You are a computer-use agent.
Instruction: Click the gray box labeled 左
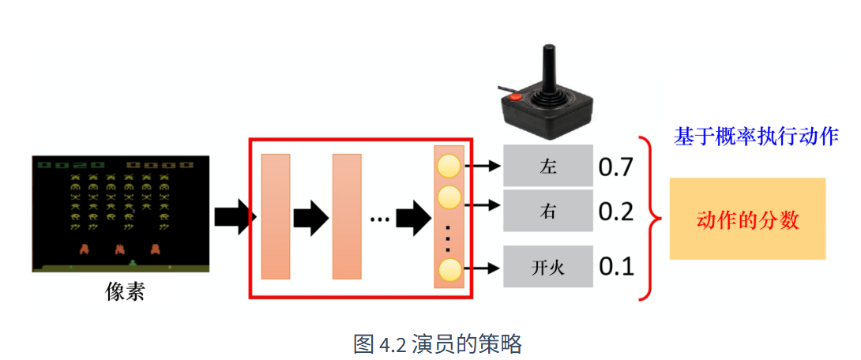548,166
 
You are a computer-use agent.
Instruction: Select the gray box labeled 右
548,211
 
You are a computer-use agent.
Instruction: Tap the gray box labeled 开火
548,267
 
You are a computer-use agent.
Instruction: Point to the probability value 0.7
616,167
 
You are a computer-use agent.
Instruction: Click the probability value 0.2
616,212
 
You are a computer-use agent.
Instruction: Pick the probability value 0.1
616,267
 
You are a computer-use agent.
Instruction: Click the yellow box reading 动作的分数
747,219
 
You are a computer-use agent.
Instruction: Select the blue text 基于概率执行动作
756,137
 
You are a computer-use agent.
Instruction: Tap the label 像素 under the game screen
125,291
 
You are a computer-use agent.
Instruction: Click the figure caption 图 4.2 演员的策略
437,344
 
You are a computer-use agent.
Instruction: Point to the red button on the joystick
515,98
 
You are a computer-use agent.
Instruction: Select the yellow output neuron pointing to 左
449,166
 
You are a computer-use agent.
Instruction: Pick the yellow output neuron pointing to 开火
449,269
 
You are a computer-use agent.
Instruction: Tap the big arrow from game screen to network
235,217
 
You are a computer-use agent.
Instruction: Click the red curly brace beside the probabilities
649,219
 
